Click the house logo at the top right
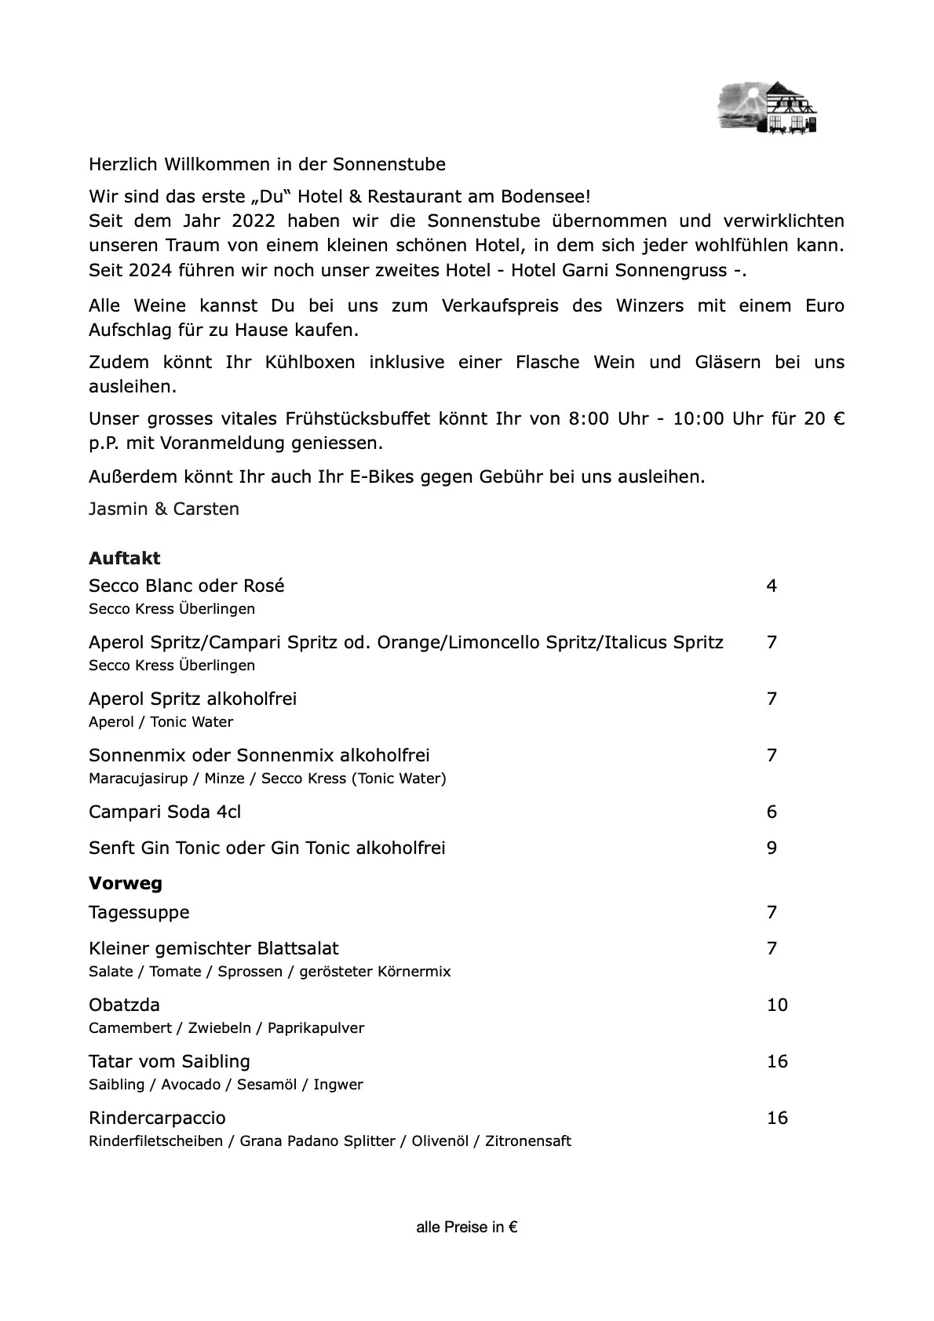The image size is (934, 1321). pos(768,108)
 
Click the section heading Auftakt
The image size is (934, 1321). pos(124,558)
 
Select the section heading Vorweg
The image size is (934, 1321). pos(126,883)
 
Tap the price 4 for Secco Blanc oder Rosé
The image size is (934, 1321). pos(772,586)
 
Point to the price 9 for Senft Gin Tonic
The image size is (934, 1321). pos(772,848)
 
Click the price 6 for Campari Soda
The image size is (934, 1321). pos(772,812)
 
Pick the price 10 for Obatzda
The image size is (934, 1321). pos(777,1005)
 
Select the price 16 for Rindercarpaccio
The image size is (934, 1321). pos(777,1118)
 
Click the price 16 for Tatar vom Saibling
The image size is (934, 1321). pos(777,1061)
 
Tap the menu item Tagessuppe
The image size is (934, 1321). pos(139,912)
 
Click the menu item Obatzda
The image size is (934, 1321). pos(124,1005)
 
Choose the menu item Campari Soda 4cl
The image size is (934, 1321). pos(165,812)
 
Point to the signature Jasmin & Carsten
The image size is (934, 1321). pos(164,509)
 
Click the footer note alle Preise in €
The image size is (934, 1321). pos(467,1228)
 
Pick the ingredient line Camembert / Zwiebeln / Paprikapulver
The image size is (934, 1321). pos(226,1027)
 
